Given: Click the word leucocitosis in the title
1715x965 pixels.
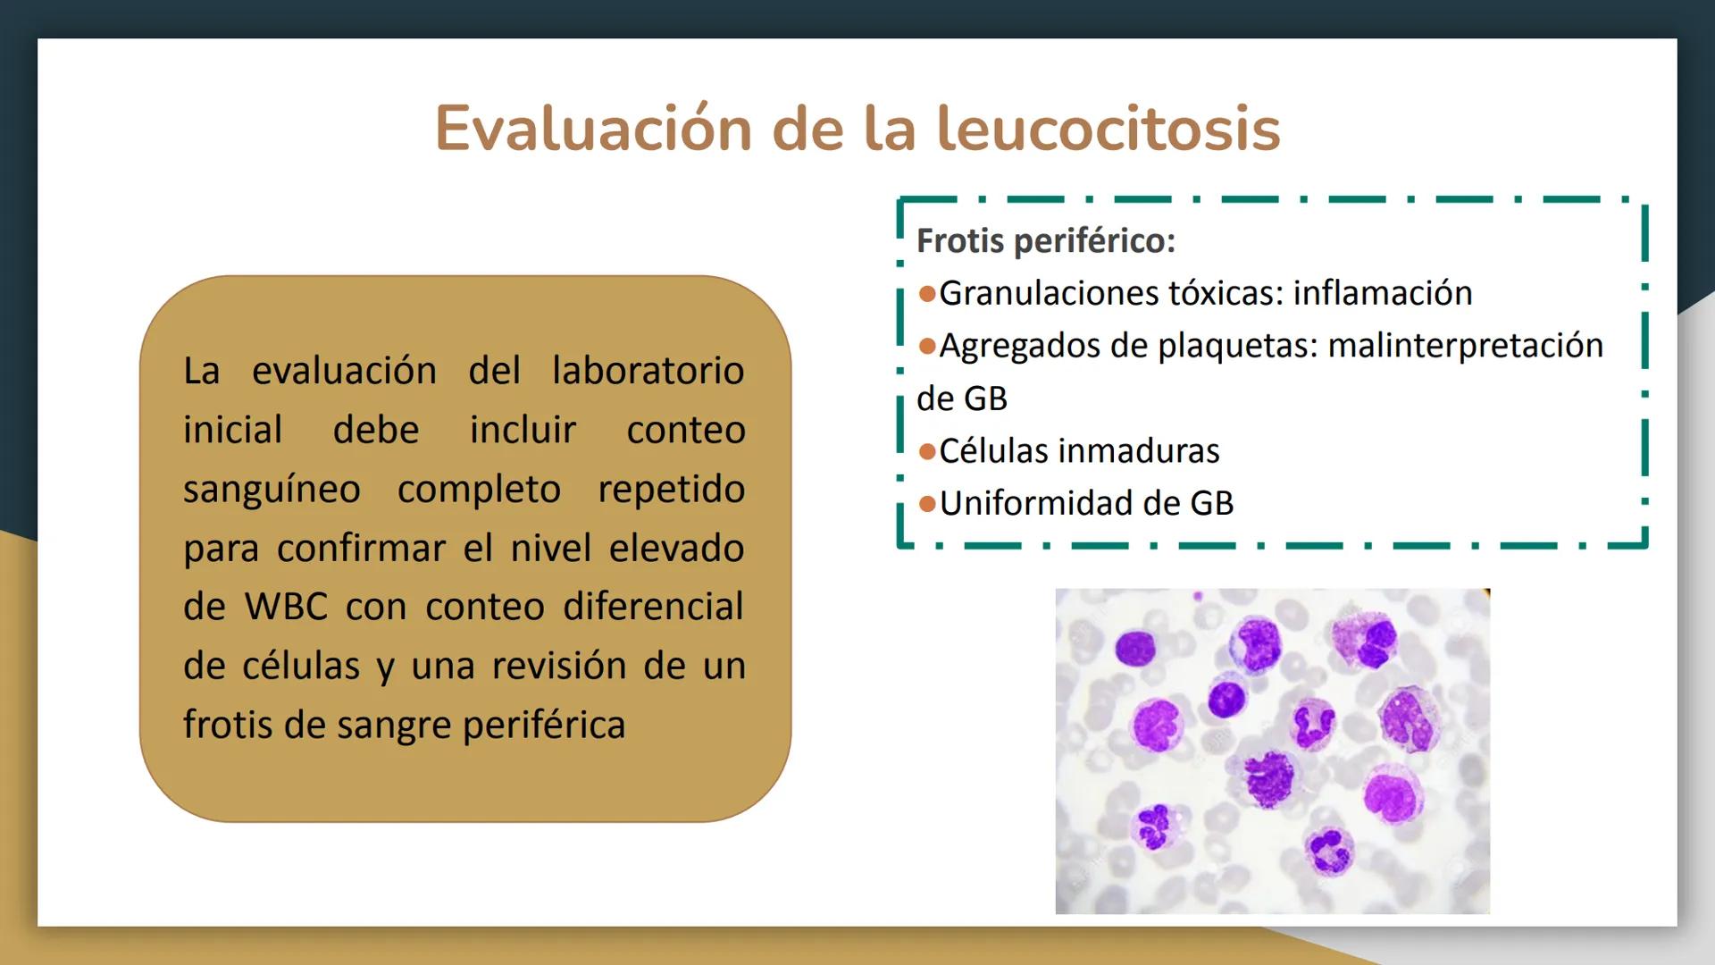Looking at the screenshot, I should point(1108,129).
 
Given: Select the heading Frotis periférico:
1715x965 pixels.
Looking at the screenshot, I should point(1045,240).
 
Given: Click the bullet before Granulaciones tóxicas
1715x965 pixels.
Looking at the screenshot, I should point(927,294).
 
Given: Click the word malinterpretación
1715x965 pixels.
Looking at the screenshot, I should point(1465,346).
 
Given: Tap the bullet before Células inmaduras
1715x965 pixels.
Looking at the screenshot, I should point(927,451).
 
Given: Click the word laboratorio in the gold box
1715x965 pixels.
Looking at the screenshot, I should point(648,371).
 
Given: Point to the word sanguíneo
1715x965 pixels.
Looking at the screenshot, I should point(272,490).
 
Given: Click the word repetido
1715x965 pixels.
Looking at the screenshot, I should point(671,490).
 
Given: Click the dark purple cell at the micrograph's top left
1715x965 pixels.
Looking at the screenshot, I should point(1135,647).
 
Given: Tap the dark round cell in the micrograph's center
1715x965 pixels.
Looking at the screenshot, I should point(1226,699).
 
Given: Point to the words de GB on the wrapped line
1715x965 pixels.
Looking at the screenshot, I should point(961,399).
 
